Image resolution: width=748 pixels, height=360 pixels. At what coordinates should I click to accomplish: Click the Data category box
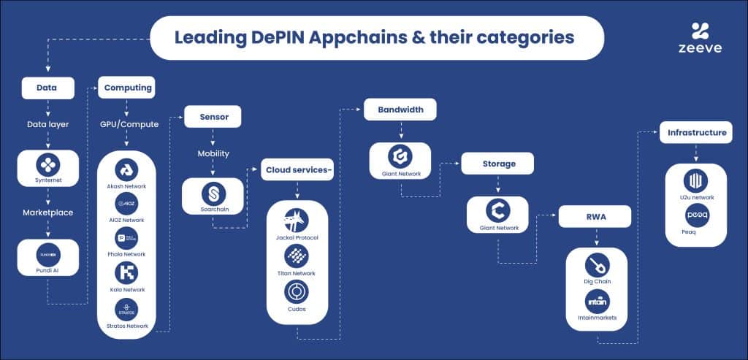(x=47, y=88)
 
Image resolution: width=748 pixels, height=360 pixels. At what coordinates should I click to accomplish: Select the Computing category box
(x=127, y=88)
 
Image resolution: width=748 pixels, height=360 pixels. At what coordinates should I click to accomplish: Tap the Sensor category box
(x=212, y=116)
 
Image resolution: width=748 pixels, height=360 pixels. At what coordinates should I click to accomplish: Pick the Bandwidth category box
(x=400, y=110)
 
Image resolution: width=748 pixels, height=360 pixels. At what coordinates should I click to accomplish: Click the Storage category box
(x=497, y=164)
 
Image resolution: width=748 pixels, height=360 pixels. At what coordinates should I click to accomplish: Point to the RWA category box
(x=594, y=218)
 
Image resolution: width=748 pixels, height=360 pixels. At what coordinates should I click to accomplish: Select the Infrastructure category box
(x=696, y=133)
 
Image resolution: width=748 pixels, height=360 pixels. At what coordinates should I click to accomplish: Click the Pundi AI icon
(x=47, y=253)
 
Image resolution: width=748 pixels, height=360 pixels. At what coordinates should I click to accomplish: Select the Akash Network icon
(x=126, y=169)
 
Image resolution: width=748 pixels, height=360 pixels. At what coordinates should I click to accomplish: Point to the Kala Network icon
(x=126, y=272)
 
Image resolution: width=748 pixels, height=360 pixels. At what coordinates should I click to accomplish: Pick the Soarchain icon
(x=213, y=194)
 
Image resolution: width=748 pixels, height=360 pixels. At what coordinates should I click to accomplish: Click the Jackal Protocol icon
(x=297, y=219)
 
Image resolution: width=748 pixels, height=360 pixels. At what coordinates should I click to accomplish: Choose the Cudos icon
(x=297, y=291)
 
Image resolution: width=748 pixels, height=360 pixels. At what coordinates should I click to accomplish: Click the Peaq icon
(x=695, y=215)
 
